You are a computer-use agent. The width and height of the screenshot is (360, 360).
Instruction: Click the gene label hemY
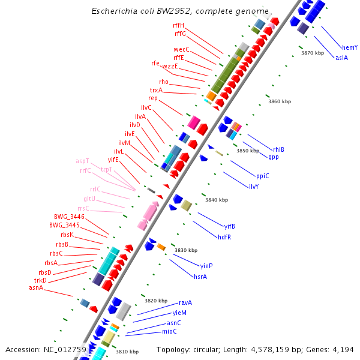click(x=350, y=47)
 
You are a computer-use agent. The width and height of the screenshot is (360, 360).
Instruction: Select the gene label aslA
click(x=341, y=58)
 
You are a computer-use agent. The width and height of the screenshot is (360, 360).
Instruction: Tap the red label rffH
click(x=178, y=25)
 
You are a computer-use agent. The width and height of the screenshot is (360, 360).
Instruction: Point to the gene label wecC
click(x=181, y=49)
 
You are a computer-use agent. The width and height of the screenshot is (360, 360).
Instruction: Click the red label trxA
click(x=156, y=90)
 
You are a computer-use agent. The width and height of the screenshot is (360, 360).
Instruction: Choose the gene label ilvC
click(x=146, y=107)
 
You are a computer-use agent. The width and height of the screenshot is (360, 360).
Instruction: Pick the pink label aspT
click(x=83, y=161)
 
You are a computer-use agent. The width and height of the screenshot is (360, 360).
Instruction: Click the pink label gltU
click(x=89, y=199)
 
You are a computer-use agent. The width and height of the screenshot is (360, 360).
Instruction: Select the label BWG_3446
click(x=69, y=216)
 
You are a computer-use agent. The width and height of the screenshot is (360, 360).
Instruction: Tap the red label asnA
click(x=37, y=288)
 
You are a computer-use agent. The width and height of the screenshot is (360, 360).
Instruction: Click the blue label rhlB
click(x=278, y=149)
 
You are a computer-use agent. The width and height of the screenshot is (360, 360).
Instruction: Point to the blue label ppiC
click(x=263, y=176)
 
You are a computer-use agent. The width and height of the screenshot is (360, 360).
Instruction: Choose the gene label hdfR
click(x=225, y=236)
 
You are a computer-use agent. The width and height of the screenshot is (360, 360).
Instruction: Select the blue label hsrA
click(x=200, y=277)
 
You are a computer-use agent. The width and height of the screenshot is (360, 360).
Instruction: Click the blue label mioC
click(x=169, y=331)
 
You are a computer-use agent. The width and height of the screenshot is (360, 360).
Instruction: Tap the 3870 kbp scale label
click(x=312, y=53)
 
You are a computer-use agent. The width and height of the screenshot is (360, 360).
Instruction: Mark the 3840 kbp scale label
click(x=216, y=200)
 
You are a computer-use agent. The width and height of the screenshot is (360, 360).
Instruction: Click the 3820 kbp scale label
click(x=155, y=300)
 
